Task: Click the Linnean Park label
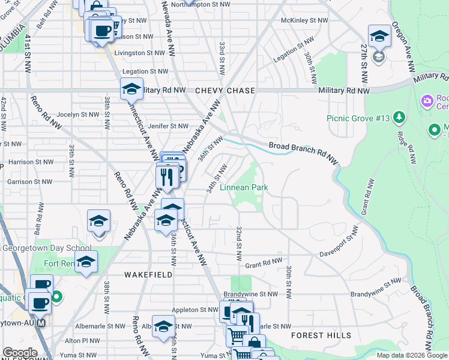243,188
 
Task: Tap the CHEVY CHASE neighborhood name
225,91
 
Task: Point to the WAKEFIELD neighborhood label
148,274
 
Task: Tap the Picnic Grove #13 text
359,118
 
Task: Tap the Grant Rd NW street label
263,262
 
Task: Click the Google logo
19,353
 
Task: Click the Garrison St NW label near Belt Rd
29,181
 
